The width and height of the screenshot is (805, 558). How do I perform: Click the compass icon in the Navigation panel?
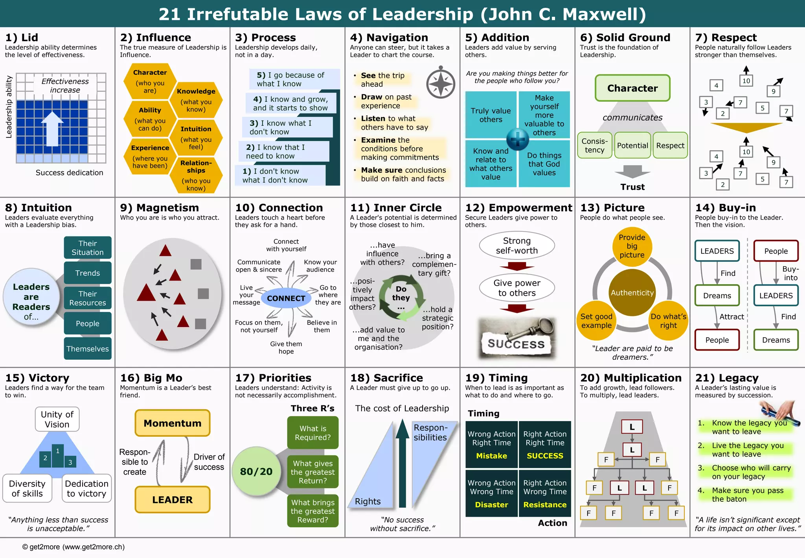[x=441, y=84]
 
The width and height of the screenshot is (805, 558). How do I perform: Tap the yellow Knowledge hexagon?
[x=196, y=100]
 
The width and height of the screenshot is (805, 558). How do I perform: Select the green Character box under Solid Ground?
[x=632, y=88]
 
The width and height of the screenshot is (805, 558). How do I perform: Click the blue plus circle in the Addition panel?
[x=517, y=139]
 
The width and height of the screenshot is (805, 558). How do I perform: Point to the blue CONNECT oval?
[x=286, y=298]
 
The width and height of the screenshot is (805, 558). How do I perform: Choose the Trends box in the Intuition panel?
[x=87, y=273]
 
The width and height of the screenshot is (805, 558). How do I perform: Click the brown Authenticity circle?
[x=632, y=293]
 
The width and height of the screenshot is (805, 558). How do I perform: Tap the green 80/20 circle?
[x=256, y=471]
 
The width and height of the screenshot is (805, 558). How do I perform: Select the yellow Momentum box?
[x=172, y=423]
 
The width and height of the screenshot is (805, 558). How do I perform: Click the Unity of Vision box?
[x=57, y=419]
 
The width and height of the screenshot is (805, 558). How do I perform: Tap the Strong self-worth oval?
[x=516, y=246]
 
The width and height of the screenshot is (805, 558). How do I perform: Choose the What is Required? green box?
[x=312, y=433]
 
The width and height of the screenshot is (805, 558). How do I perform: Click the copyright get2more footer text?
[x=74, y=547]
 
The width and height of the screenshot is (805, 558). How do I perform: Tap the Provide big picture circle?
[x=632, y=246]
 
